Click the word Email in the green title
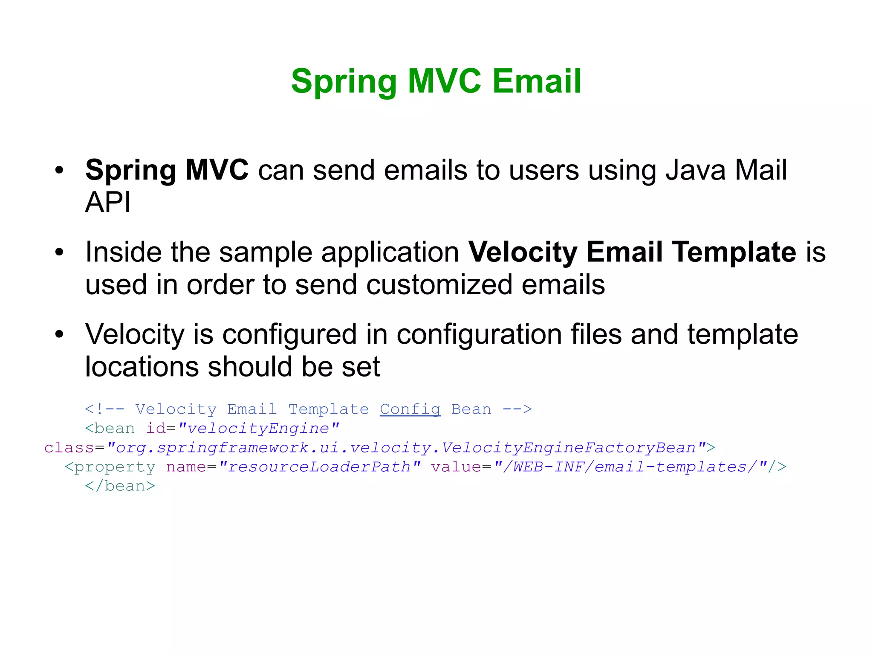pyautogui.click(x=537, y=81)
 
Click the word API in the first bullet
pyautogui.click(x=108, y=202)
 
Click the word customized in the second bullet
pyautogui.click(x=439, y=285)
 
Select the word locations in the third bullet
pyautogui.click(x=142, y=367)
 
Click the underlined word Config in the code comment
pyautogui.click(x=410, y=409)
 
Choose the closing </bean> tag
pyautogui.click(x=120, y=486)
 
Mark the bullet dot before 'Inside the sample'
pyautogui.click(x=59, y=252)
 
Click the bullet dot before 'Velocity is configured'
pyautogui.click(x=59, y=334)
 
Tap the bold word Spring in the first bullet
pyautogui.click(x=130, y=171)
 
